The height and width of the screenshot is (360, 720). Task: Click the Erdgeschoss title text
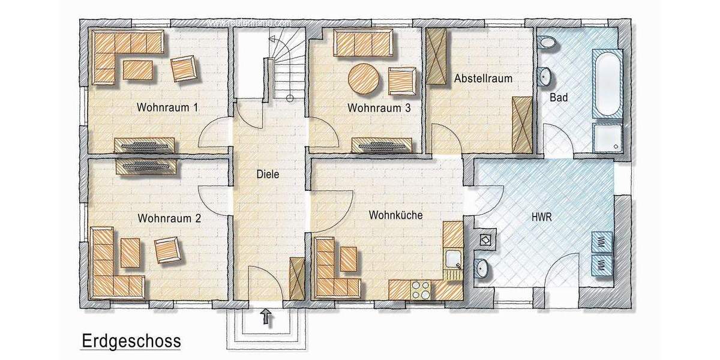pyautogui.click(x=131, y=341)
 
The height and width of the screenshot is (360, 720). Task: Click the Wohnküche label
pyautogui.click(x=395, y=214)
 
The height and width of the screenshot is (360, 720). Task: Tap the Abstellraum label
pyautogui.click(x=483, y=79)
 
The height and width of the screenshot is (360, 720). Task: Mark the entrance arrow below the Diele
pyautogui.click(x=267, y=317)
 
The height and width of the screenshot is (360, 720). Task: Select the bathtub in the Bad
pyautogui.click(x=608, y=83)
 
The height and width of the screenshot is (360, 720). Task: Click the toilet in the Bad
pyautogui.click(x=546, y=43)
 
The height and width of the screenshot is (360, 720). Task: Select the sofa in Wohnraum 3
pyautogui.click(x=362, y=44)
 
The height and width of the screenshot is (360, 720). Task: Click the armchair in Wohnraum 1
pyautogui.click(x=184, y=68)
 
